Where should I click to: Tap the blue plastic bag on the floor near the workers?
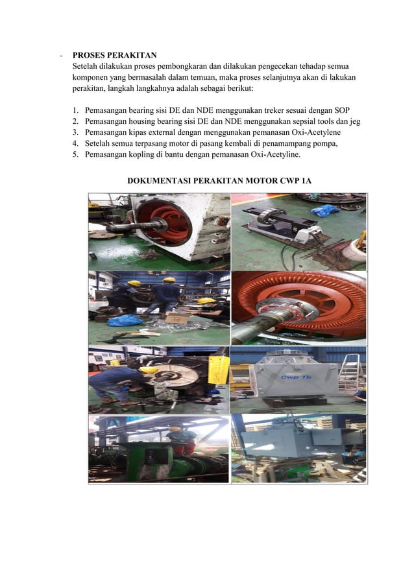tap(124, 320)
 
